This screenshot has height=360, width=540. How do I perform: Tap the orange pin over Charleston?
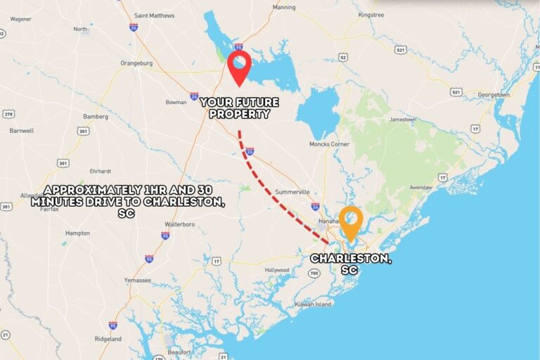click(x=350, y=222)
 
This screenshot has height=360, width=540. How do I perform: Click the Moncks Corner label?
click(x=330, y=144)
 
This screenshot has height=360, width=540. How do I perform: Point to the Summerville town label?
click(x=292, y=191)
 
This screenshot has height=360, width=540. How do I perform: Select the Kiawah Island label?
click(x=313, y=304)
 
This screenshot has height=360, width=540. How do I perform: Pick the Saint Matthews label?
click(x=154, y=15)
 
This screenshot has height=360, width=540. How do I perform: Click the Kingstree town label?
click(x=371, y=14)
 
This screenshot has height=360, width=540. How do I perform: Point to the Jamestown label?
click(x=403, y=119)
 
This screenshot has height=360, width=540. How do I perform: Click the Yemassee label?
click(x=137, y=280)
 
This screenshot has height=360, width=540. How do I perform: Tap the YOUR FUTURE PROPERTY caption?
click(x=240, y=108)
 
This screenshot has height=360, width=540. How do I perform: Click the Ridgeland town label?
click(x=108, y=339)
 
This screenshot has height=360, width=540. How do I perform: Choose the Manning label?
click(x=284, y=7)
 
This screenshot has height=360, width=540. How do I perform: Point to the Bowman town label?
click(x=176, y=103)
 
